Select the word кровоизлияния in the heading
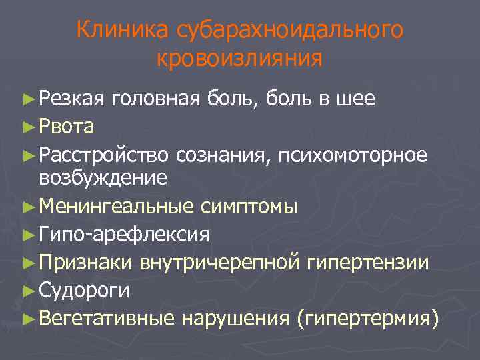239,59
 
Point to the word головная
156,99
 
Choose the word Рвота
67,126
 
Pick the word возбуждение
103,178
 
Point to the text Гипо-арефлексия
124,235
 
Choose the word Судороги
85,290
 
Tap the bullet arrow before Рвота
27,126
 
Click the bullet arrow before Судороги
27,290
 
